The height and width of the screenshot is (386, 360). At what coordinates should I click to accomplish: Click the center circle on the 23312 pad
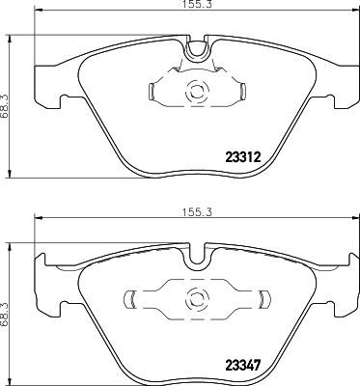pyautogui.click(x=197, y=93)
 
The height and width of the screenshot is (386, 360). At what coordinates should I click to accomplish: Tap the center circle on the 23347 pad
pyautogui.click(x=197, y=298)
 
